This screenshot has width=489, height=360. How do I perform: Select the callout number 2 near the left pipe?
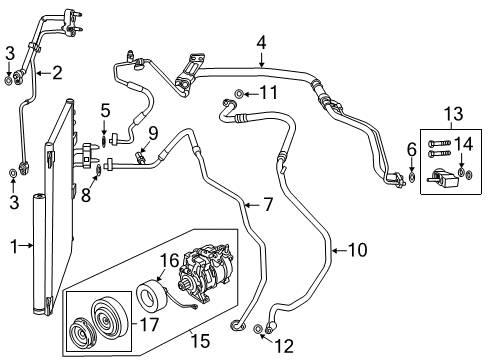coord(56,71)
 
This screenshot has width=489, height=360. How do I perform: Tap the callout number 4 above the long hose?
coord(261,42)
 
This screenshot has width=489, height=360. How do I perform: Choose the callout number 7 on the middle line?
coord(267,205)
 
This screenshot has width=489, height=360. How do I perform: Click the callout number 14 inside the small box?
coord(464,145)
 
